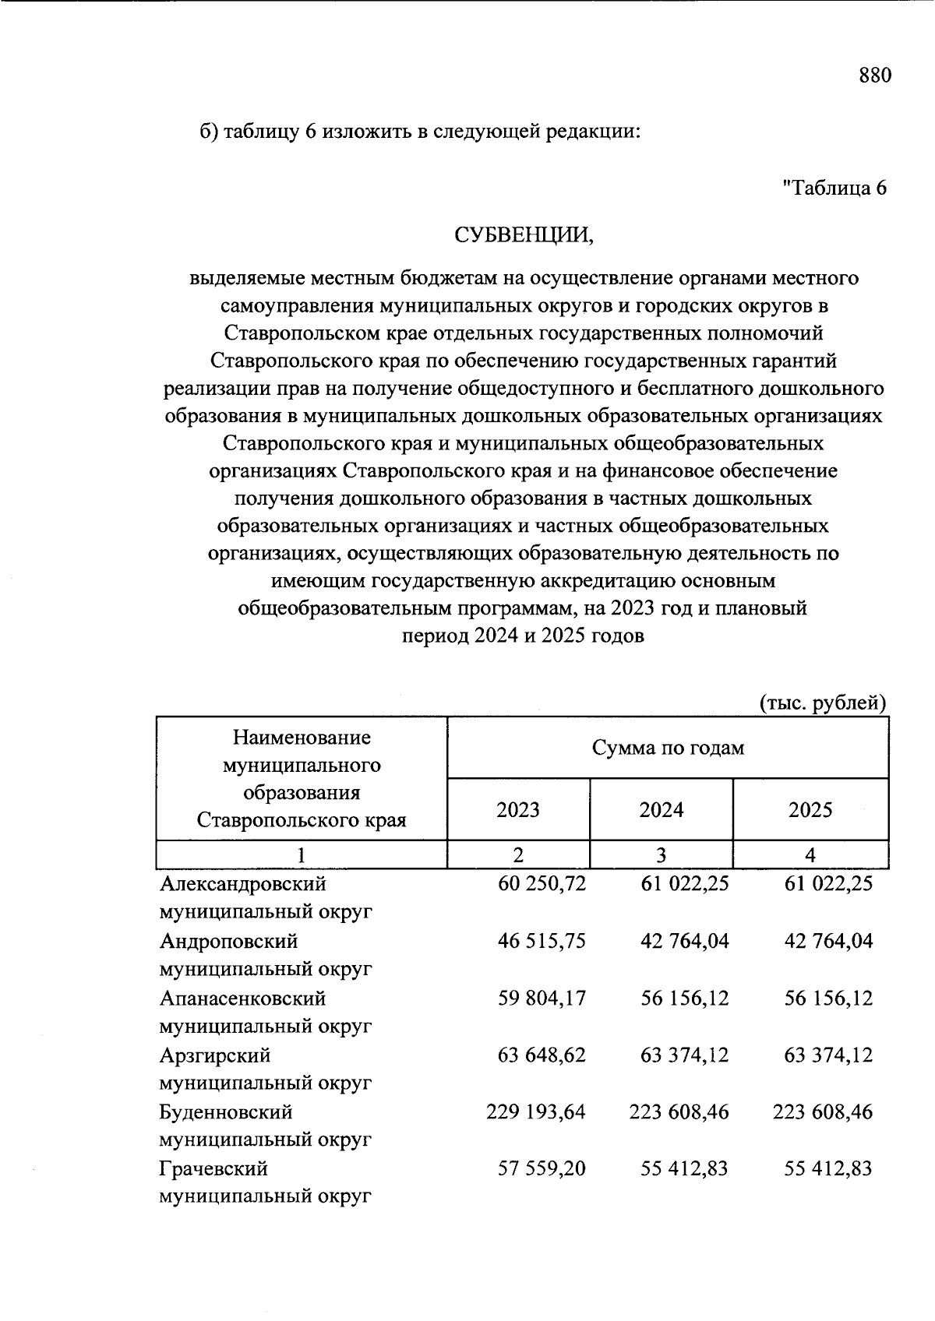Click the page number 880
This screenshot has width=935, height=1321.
coord(874,76)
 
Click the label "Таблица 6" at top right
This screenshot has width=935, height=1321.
coord(834,188)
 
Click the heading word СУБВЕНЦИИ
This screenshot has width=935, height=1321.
coord(524,234)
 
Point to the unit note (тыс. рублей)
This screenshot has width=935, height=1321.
coord(823,703)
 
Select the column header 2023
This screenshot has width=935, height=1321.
coord(518,810)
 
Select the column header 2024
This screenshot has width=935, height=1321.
coord(662,810)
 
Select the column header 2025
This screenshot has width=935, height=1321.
coord(810,810)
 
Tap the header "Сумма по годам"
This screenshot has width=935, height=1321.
coord(668,749)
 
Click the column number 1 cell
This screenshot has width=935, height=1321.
coord(301,855)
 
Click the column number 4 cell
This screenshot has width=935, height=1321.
coord(810,855)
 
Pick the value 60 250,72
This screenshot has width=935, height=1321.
coord(542,884)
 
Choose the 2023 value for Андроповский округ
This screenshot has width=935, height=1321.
coord(542,941)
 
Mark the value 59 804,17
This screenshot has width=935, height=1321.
coord(542,998)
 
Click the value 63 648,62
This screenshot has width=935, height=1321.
coord(542,1055)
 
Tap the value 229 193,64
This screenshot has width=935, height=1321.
coord(535,1112)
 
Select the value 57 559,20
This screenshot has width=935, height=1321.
coord(542,1169)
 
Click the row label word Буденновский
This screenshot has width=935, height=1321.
coord(226,1112)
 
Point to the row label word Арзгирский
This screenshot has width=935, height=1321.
coord(215,1055)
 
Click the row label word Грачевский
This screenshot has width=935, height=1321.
coord(213,1169)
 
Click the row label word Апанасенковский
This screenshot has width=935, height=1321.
coord(242,998)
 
